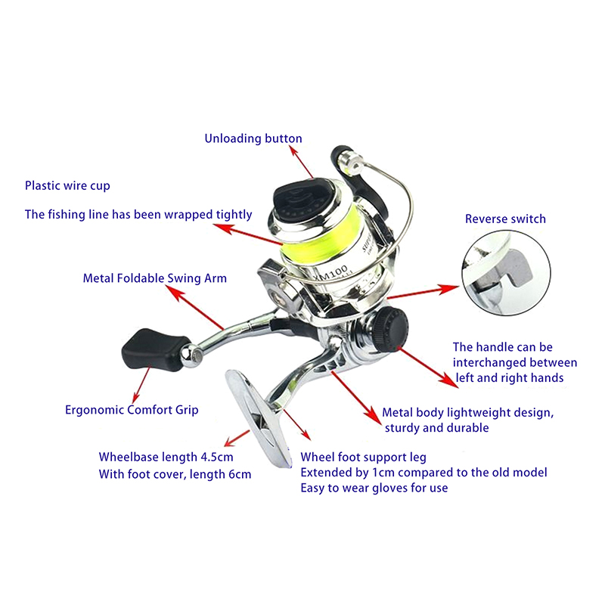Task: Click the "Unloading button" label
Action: pyautogui.click(x=253, y=138)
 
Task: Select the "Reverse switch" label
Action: pyautogui.click(x=505, y=219)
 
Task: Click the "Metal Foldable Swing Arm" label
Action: pyautogui.click(x=154, y=278)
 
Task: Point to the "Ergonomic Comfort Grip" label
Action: pyautogui.click(x=132, y=410)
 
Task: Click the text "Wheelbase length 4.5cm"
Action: pyautogui.click(x=166, y=458)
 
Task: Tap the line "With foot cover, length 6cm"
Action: pyautogui.click(x=175, y=474)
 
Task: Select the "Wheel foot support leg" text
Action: pyautogui.click(x=364, y=458)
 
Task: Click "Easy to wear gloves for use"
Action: pyautogui.click(x=374, y=488)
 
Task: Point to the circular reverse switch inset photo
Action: pyautogui.click(x=505, y=272)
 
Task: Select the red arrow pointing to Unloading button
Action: pyautogui.click(x=302, y=162)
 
